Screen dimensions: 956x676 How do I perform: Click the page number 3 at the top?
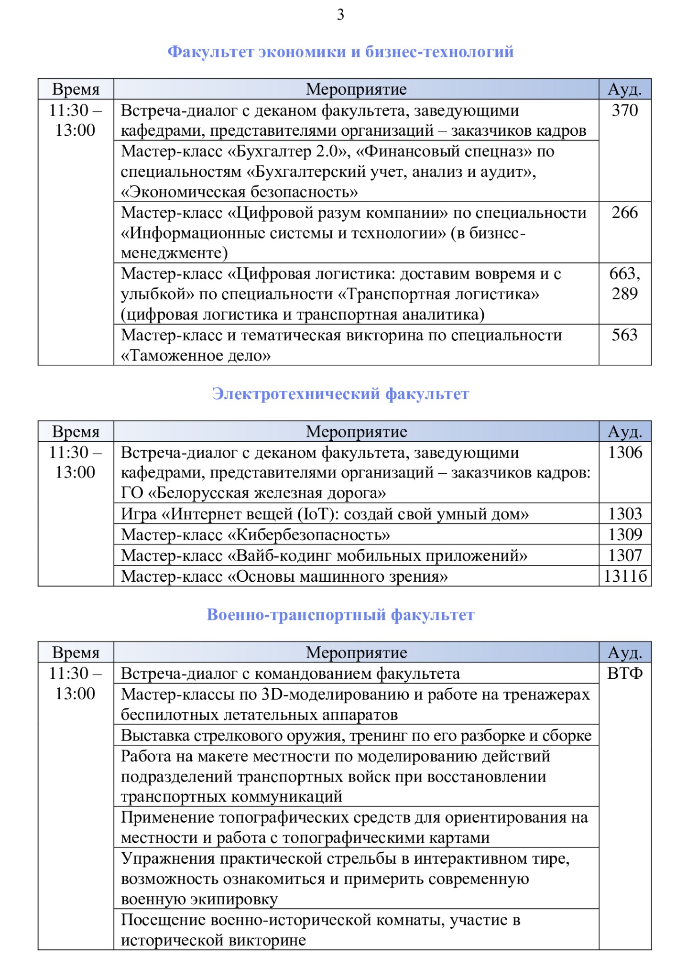pos(340,15)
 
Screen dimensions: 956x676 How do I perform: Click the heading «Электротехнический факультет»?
pos(340,394)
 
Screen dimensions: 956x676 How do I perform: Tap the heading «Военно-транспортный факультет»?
pos(340,615)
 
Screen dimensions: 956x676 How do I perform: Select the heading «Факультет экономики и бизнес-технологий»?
pos(340,52)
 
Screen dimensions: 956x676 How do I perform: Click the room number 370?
pos(625,110)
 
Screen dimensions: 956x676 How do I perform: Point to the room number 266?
pos(625,213)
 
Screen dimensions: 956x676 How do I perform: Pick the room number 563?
pos(625,335)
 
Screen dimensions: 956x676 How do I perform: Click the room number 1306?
pos(625,452)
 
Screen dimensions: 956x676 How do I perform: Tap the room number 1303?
pos(625,514)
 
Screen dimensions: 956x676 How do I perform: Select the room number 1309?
pos(625,534)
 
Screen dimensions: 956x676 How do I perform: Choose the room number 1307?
pos(625,555)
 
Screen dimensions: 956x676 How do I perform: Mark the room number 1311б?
pos(625,576)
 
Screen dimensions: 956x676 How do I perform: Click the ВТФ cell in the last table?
pos(625,674)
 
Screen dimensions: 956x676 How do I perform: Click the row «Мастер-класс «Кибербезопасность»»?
pos(255,535)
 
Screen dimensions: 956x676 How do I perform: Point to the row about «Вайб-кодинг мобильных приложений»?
pos(324,556)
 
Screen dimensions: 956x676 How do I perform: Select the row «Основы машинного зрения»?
pos(284,576)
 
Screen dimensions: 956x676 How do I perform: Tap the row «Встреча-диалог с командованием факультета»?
pos(290,674)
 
